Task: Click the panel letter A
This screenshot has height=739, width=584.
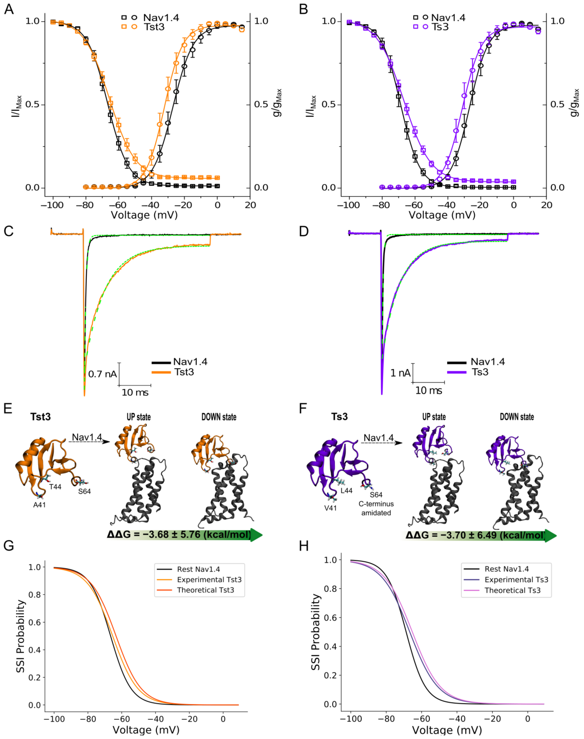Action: [9, 9]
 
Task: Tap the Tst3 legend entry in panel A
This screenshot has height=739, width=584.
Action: [154, 27]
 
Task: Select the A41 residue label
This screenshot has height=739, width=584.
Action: [39, 505]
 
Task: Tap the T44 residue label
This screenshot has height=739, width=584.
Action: [55, 487]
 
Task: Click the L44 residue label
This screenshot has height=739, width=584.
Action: [346, 491]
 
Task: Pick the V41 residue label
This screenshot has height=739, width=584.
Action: [330, 508]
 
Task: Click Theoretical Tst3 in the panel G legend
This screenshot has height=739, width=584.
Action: [205, 590]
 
